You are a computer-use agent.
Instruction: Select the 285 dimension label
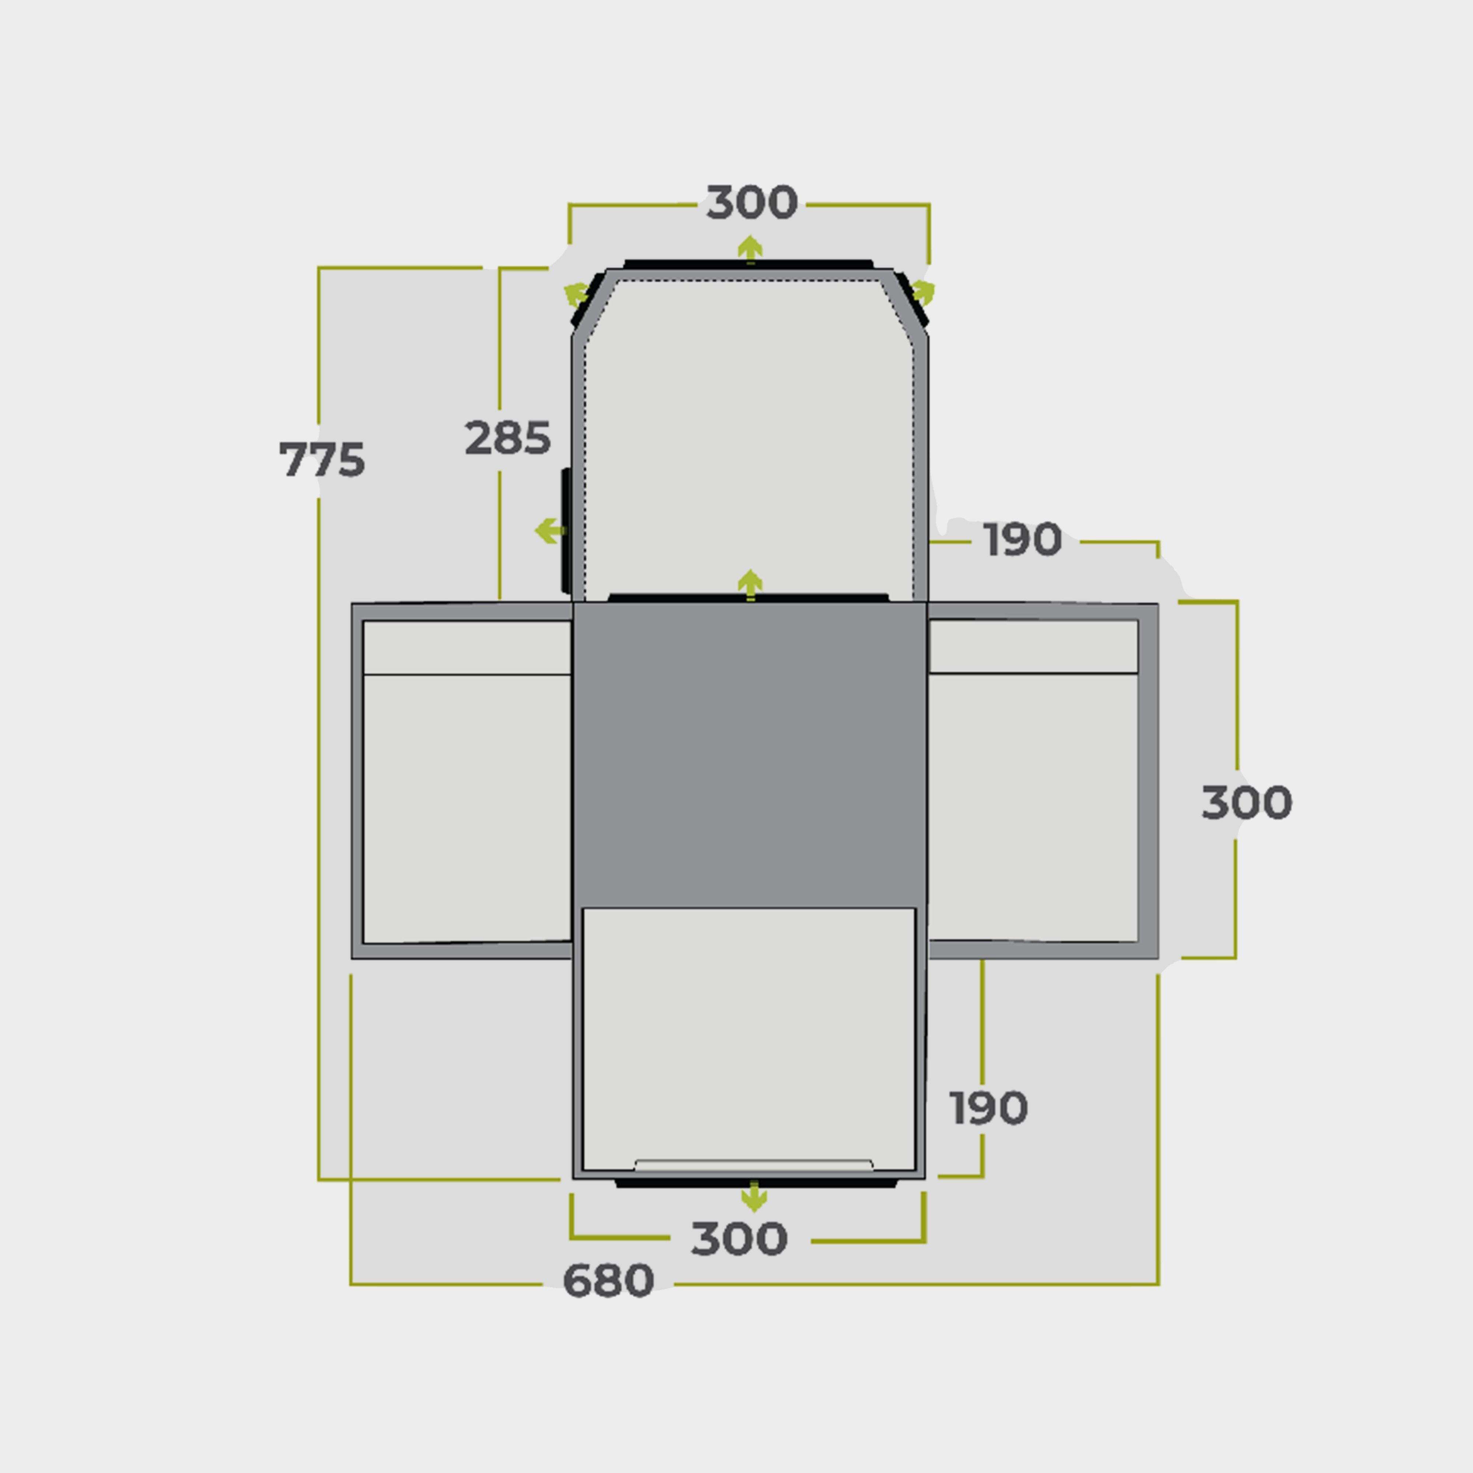pos(508,437)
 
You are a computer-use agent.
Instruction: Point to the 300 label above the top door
pos(752,202)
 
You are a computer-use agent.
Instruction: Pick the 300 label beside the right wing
pos(1247,803)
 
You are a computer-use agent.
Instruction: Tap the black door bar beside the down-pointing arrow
pos(755,1183)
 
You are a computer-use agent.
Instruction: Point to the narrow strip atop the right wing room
pos(1033,647)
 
